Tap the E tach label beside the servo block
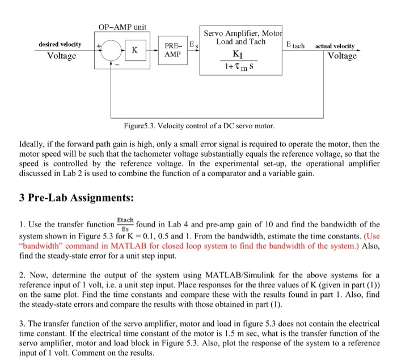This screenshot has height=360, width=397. pos(295,45)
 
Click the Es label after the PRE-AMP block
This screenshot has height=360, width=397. pos(193,45)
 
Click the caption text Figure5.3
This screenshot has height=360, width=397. pos(139,125)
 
